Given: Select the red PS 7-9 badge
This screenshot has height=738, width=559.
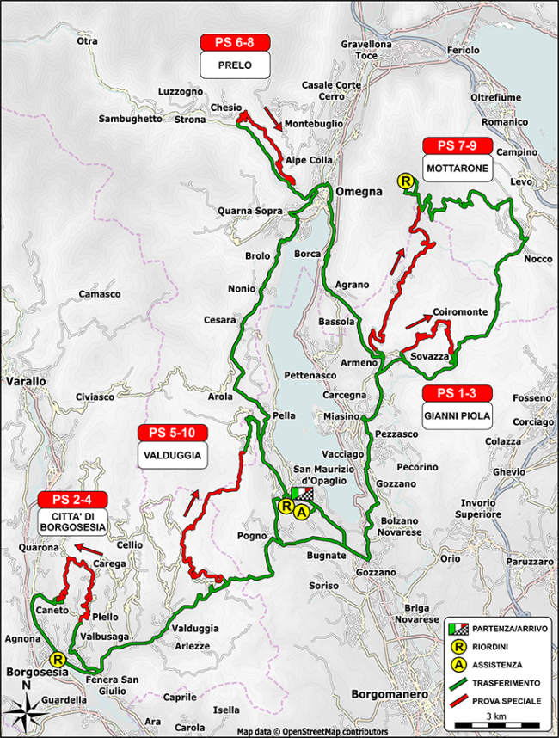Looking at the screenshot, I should [457, 145].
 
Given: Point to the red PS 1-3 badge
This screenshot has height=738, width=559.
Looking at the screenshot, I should [457, 394].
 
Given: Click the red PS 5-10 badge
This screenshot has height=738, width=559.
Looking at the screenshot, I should [173, 433].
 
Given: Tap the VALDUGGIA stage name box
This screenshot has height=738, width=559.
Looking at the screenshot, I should [173, 455].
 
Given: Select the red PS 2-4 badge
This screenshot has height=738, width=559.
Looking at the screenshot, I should [72, 500].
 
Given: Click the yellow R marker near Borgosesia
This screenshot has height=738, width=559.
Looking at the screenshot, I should [58, 653].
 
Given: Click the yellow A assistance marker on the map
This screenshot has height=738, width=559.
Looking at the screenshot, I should [301, 511].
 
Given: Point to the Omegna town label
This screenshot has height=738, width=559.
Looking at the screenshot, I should [358, 192].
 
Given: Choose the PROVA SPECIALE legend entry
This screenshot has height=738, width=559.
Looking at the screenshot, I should [503, 701].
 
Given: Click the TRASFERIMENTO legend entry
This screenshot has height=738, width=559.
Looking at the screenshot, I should [503, 683].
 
